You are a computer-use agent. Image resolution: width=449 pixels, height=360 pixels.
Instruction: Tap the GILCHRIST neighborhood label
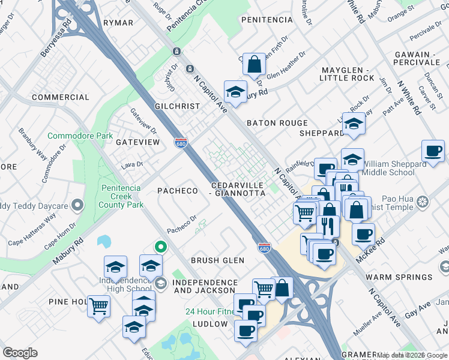point(176,106)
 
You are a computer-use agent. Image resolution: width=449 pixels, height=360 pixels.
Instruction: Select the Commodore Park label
point(80,136)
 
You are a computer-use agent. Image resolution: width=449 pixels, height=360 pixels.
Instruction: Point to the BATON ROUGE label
point(277,123)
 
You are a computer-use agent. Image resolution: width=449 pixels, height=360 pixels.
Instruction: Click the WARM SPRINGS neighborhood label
point(399,277)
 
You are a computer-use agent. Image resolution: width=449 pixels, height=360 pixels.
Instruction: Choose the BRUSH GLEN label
point(217,260)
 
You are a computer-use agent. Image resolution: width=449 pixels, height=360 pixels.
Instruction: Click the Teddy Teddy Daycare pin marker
point(77,206)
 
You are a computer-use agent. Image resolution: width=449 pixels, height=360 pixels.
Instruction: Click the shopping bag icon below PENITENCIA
point(255,64)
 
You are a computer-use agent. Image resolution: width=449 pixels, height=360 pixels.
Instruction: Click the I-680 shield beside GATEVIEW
point(181,143)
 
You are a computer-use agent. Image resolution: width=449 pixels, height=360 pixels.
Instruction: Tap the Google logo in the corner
point(20,353)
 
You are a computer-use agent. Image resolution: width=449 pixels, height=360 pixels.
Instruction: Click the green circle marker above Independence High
point(160,246)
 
